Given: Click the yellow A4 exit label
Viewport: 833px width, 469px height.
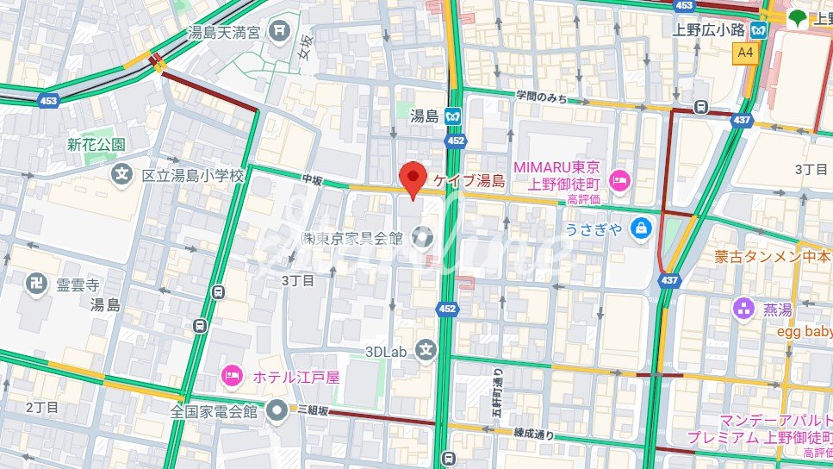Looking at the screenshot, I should [745, 53].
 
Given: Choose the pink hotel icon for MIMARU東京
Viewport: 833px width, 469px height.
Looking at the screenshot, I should [618, 180].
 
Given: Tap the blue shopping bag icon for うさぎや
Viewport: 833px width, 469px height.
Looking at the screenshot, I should [641, 228].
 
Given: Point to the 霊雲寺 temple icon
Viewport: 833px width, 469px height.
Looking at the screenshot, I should [36, 284].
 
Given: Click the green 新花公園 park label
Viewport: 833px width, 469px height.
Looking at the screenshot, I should [96, 145].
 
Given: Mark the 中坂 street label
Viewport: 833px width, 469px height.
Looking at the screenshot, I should [312, 178].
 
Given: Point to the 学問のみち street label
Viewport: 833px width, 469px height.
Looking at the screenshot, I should [542, 98].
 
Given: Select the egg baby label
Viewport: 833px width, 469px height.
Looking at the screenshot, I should [805, 331].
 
